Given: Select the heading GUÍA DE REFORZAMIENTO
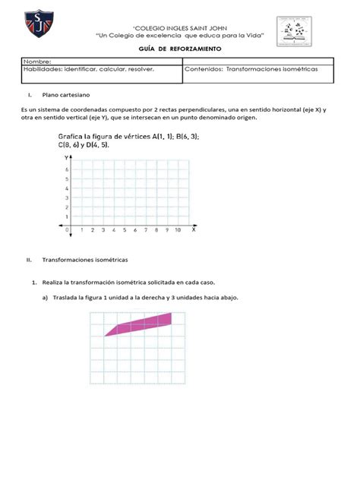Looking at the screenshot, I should [179, 48].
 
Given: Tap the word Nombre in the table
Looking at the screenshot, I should [38, 61].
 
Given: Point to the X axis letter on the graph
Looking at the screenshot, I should [193, 229].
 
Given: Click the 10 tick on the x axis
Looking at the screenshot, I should [178, 229].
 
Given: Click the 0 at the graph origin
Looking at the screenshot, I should [67, 229].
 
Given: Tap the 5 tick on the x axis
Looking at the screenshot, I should [124, 229].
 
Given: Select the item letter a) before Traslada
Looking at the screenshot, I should [45, 297].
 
